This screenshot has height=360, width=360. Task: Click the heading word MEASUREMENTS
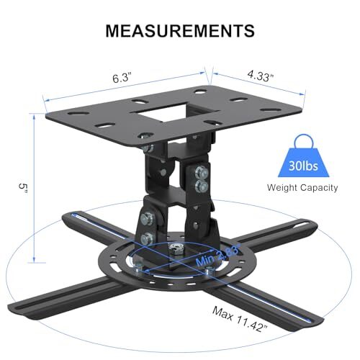pyautogui.click(x=180, y=30)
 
